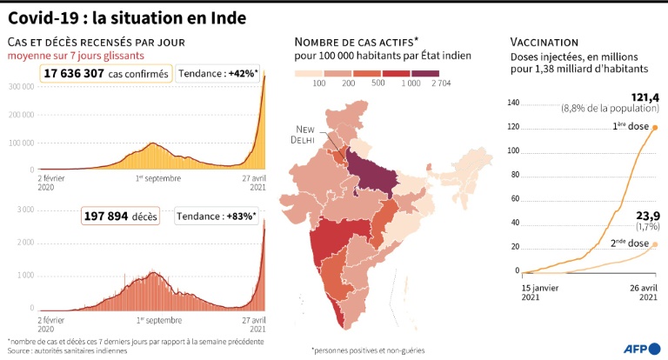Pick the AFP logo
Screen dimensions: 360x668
click(639, 348)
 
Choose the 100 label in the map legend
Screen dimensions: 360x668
click(319, 83)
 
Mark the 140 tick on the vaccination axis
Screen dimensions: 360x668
click(513, 103)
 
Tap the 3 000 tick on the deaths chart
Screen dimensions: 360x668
click(24, 210)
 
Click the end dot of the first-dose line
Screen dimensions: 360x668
click(654, 128)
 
